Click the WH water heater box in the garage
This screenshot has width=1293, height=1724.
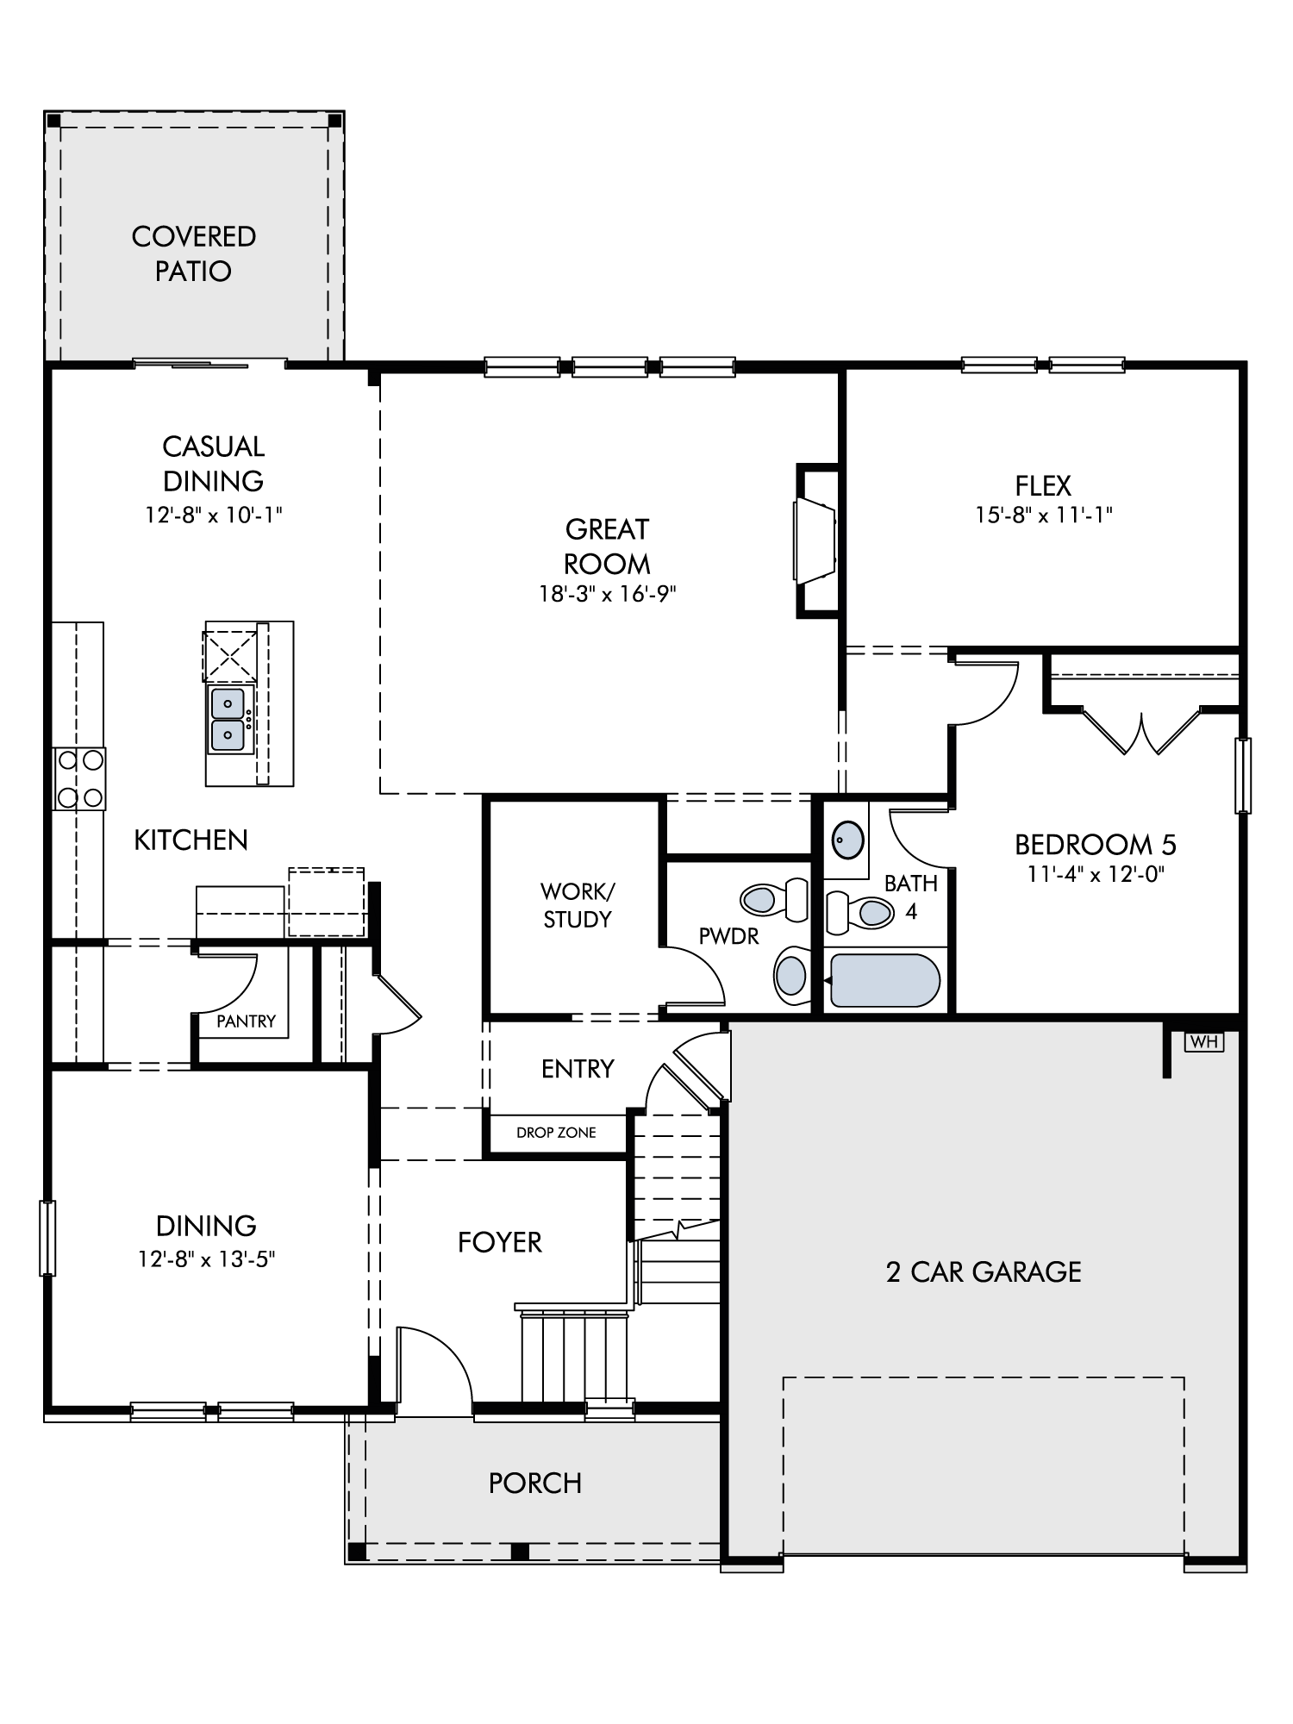tap(1204, 1041)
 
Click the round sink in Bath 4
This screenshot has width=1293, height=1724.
tap(847, 839)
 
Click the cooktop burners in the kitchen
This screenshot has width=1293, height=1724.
tap(79, 778)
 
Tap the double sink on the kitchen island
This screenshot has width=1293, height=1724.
tap(228, 719)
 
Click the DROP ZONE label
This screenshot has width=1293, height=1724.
tap(556, 1133)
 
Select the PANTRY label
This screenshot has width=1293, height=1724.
tap(246, 1021)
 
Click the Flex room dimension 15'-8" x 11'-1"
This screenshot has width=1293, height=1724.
tap(1044, 515)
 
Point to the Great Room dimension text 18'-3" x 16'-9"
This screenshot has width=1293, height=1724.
tap(608, 594)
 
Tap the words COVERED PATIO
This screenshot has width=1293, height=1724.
tap(194, 253)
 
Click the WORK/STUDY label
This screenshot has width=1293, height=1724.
tap(577, 905)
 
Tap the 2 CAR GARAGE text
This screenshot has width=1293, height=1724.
tap(984, 1272)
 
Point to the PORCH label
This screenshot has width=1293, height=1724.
tap(535, 1483)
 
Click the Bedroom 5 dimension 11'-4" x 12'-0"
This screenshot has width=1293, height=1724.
tap(1096, 874)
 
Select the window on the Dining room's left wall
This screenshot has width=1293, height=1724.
tap(48, 1238)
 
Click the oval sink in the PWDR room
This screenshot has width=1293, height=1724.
tap(790, 976)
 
